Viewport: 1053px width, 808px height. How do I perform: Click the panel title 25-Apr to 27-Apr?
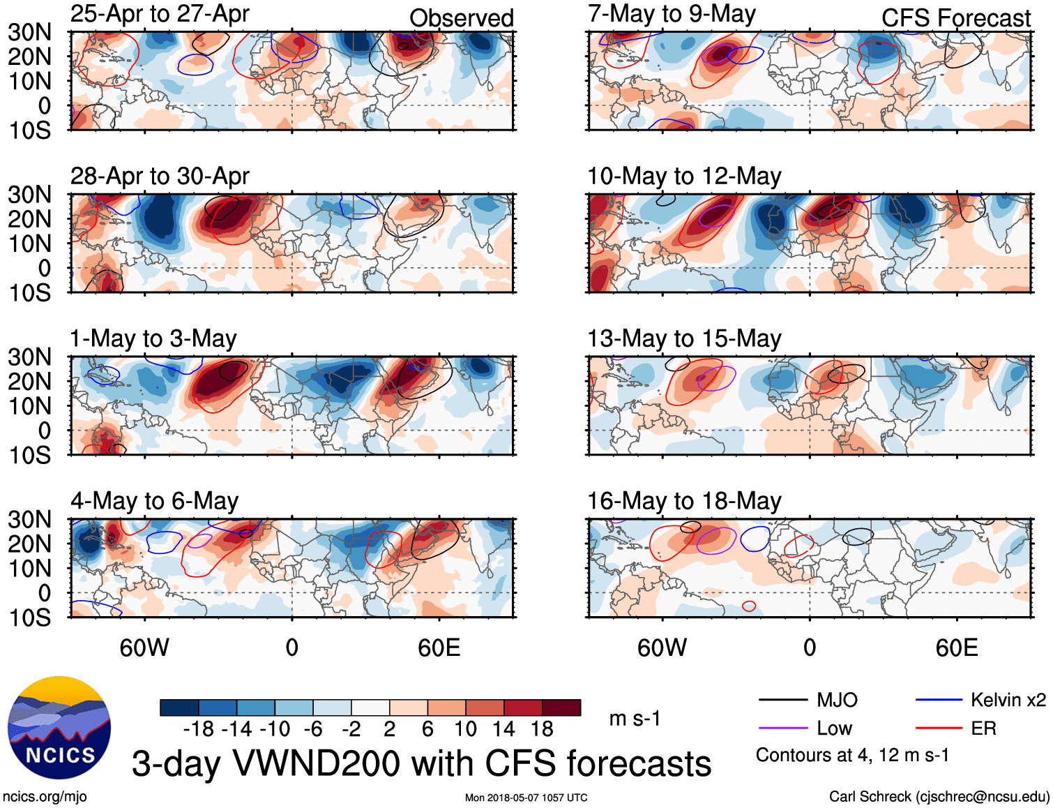coord(160,14)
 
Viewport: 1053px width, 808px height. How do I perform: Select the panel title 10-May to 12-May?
coord(684,177)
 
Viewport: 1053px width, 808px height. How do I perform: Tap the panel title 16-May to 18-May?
coord(684,501)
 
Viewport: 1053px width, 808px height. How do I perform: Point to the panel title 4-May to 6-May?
coord(154,501)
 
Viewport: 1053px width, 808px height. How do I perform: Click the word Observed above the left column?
coord(461,18)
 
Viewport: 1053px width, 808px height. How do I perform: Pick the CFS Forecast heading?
coord(955,18)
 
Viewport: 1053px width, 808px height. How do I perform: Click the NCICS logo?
coord(59,728)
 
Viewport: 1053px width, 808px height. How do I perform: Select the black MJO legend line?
coord(782,700)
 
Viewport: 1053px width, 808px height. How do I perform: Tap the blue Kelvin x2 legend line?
coord(939,700)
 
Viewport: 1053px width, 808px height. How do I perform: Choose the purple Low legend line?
coord(782,728)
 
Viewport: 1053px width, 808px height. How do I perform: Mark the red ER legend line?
coord(939,728)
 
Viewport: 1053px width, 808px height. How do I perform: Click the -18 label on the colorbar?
coord(198,729)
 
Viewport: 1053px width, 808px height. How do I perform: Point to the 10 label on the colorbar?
coord(465,729)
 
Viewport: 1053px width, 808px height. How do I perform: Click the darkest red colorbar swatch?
coord(561,708)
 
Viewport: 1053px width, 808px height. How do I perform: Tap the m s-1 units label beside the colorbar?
coord(635,719)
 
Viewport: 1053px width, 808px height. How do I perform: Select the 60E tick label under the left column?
coord(439,648)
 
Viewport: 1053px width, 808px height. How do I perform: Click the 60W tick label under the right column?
coord(662,648)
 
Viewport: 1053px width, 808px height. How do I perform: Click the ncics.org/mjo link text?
coord(45,797)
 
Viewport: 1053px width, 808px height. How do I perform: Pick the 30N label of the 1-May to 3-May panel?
coord(30,357)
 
